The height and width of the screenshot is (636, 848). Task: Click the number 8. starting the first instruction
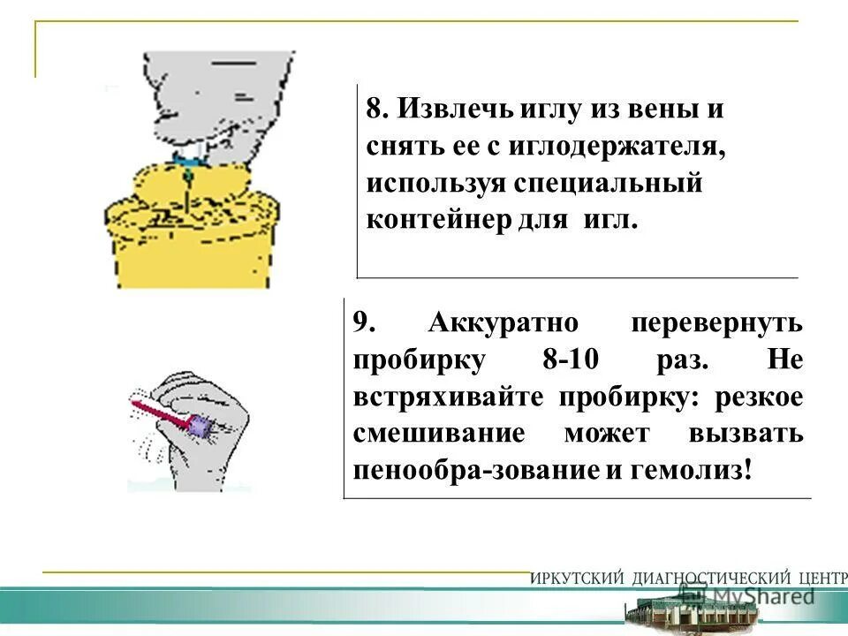point(377,110)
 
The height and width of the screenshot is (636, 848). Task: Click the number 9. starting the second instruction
point(365,322)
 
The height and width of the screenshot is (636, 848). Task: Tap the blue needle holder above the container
point(187,159)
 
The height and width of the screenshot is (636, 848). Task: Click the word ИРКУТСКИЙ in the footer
point(578,579)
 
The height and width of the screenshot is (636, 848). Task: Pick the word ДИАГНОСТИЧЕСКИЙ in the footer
point(708,579)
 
